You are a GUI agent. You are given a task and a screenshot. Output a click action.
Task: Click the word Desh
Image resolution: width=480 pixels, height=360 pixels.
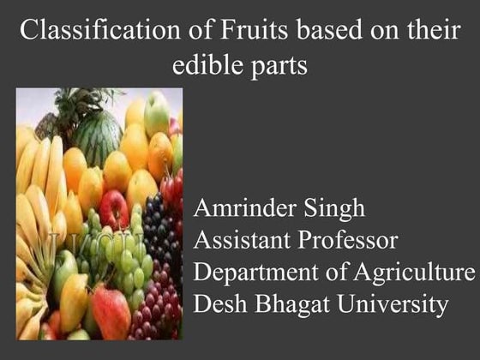(x=219, y=303)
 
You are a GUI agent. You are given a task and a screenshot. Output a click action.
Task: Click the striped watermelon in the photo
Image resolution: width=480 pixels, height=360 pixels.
(x=96, y=137)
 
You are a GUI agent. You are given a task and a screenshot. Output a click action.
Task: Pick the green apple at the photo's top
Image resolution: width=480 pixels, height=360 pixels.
(x=157, y=111)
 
